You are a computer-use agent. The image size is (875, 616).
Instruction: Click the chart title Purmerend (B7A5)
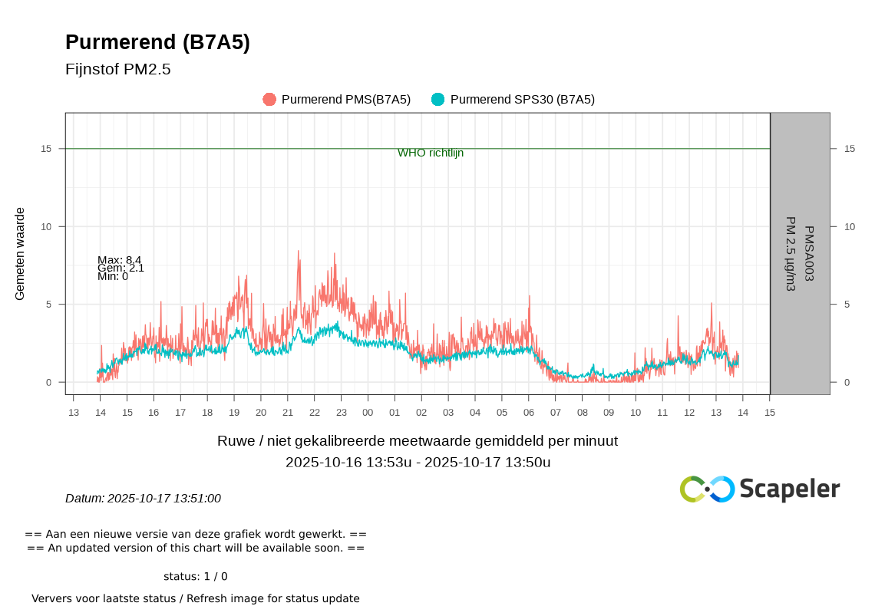point(157,43)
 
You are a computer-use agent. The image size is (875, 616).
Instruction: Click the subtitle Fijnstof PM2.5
point(117,70)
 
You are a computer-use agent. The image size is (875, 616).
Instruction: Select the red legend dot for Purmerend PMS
point(269,100)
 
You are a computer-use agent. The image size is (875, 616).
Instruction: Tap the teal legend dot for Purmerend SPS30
point(438,100)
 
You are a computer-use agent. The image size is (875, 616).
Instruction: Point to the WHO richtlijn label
point(431,153)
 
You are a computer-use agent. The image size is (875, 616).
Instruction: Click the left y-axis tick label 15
point(46,149)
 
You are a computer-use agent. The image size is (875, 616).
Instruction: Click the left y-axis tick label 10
point(46,226)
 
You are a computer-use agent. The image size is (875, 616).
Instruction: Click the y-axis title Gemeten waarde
point(21,253)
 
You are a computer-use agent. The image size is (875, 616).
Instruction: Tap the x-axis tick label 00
point(368,413)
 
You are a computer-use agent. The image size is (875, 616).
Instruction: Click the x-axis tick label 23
point(341,413)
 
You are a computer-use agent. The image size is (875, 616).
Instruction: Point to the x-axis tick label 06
point(529,413)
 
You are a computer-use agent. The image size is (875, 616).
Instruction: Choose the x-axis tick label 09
point(609,413)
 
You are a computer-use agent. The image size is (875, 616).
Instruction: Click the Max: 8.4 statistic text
point(120,259)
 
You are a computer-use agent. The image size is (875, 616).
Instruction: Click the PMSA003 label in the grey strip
point(808,253)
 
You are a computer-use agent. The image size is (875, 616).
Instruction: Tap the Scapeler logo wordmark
point(790,489)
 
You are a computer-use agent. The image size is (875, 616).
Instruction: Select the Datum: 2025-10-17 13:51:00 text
point(143,499)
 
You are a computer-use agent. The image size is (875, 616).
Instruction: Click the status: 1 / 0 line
point(195,577)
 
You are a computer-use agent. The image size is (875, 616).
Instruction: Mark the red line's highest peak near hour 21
point(299,251)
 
